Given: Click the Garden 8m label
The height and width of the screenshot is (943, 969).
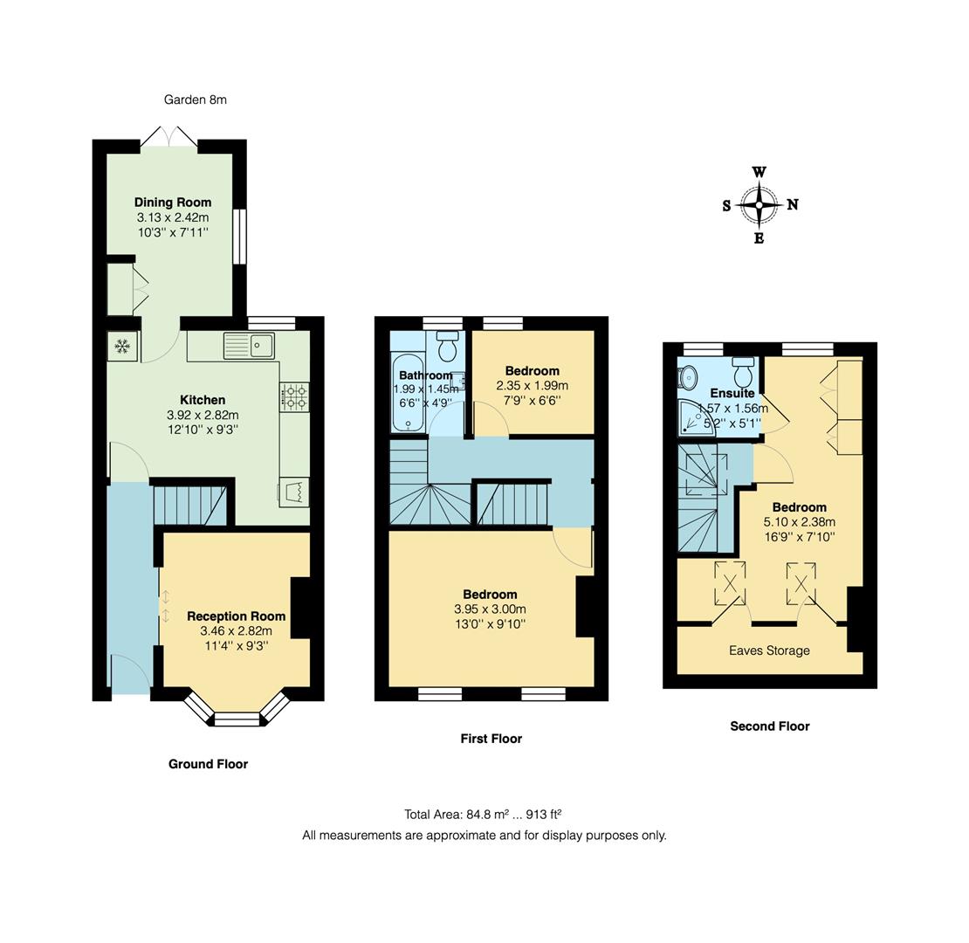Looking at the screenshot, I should pos(195,100).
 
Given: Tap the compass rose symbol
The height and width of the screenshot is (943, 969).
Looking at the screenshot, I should pos(759,205).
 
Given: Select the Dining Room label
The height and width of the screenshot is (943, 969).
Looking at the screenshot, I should pos(172,202).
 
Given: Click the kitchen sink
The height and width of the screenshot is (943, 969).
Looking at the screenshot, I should pos(250,346).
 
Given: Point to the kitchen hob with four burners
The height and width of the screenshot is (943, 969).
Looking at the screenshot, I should pos(294,396).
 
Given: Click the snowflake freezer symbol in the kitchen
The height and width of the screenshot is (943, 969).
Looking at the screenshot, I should pos(122,347).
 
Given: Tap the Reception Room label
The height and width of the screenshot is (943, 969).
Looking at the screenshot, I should pos(236,616).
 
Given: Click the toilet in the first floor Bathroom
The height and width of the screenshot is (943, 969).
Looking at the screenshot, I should pos(447,347).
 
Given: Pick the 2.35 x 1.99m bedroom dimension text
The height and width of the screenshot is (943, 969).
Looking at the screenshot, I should pos(532,385).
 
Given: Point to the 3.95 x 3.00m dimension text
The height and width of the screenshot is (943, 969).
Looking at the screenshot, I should pos(490,609).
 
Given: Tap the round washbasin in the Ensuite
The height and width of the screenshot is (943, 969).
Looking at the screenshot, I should pos(688,377).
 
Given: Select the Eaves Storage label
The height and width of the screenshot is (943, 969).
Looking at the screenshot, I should pos(769,650).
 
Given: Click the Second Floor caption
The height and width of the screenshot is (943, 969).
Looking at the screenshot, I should pos(769,726).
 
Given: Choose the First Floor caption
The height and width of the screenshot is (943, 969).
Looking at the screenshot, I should pos(491,739).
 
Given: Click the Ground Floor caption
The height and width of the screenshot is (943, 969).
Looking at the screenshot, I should pos(208,764).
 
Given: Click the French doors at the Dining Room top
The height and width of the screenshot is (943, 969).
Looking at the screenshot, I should pos(170,139).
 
